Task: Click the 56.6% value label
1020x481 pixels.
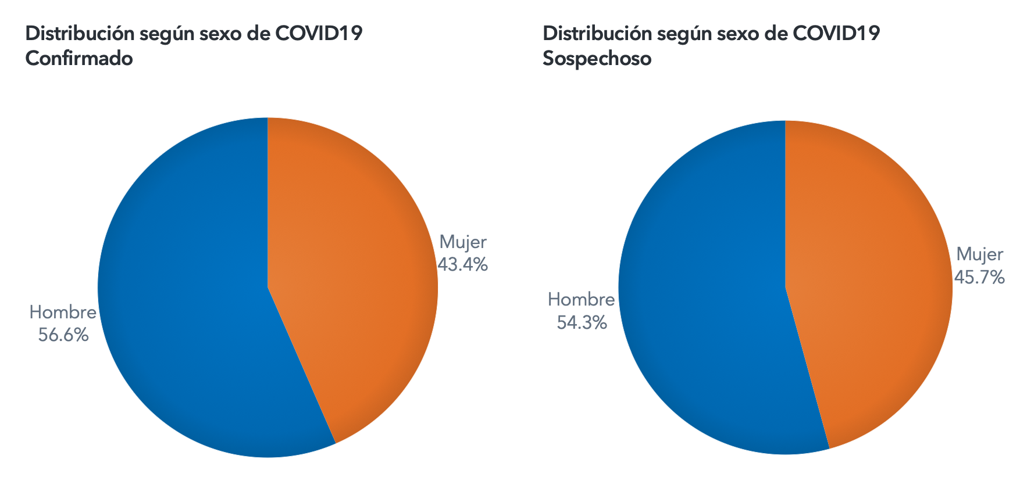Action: coord(63,335)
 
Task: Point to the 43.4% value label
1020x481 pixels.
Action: coord(462,265)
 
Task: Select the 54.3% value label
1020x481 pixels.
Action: coord(582,322)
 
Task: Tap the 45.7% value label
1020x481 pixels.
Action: coord(979,277)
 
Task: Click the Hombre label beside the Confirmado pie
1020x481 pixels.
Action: coord(63,313)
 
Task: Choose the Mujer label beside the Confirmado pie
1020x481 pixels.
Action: coord(463,242)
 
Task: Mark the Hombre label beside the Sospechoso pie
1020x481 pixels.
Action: coord(581,300)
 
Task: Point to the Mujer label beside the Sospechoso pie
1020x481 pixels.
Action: coord(980,254)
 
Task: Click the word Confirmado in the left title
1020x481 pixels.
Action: coord(79,59)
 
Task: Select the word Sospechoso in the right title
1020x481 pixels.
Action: coord(597,59)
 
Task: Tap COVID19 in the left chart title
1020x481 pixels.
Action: coord(319,34)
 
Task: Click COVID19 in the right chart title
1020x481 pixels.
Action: coord(836,34)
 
